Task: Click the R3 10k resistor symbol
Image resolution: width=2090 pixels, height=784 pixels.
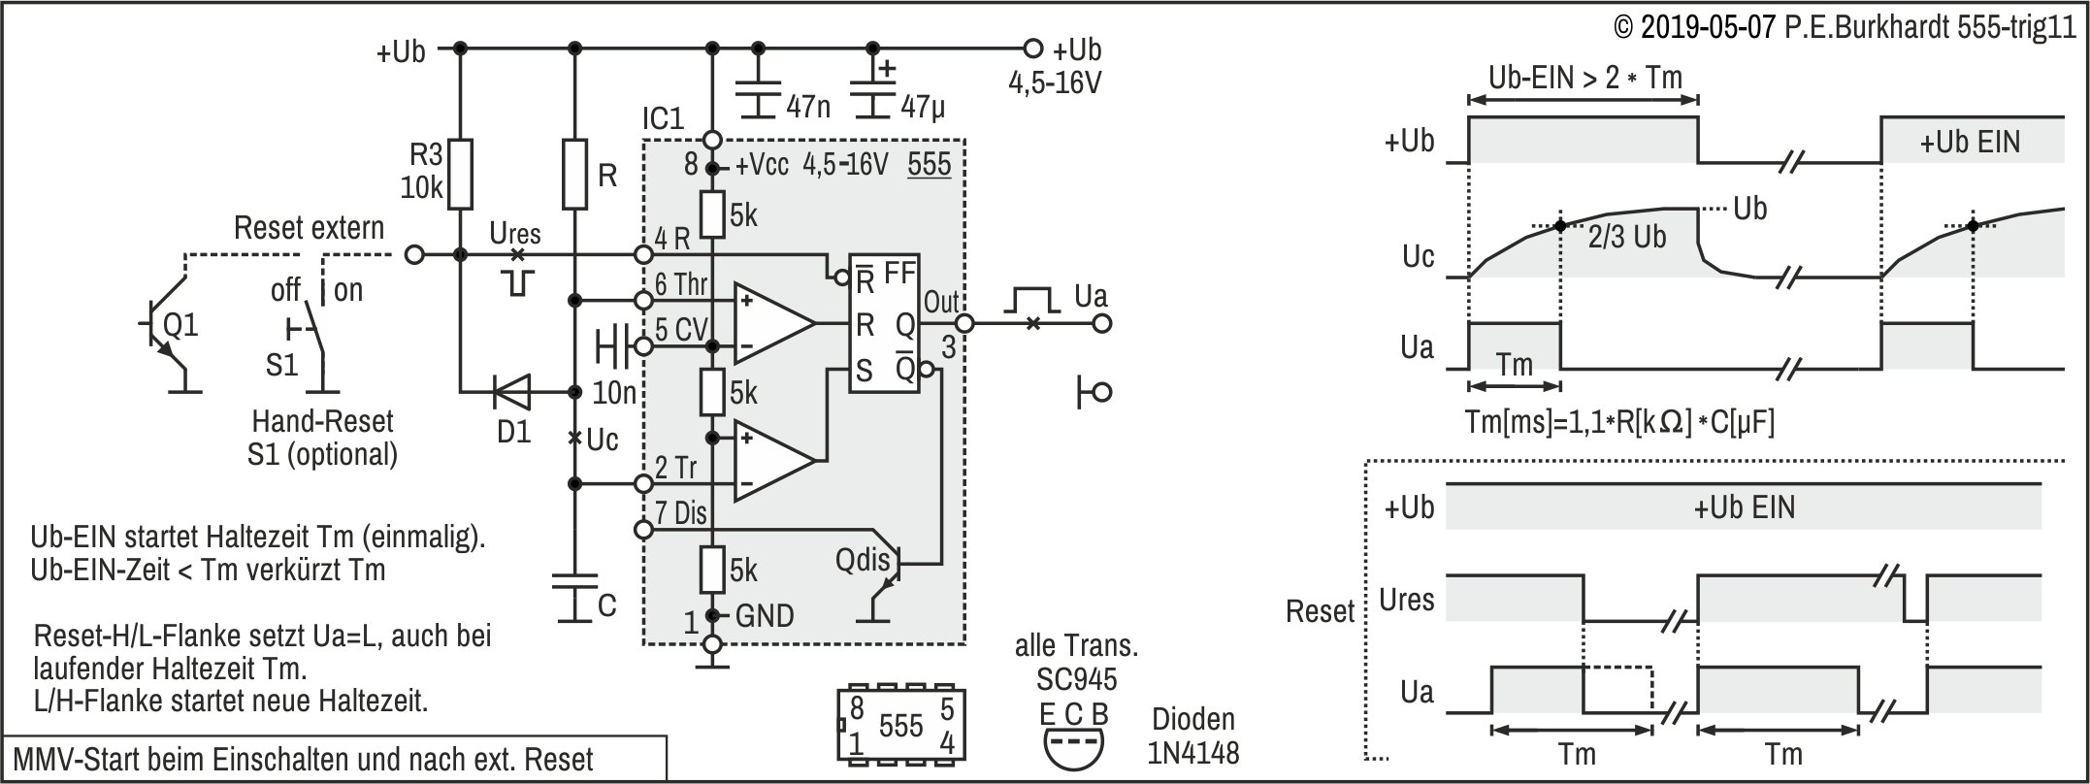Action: pos(460,175)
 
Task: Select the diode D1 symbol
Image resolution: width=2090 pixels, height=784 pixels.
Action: pos(511,393)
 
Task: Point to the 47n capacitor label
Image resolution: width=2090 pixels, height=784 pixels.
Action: pos(807,106)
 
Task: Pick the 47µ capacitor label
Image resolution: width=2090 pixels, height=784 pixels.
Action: pos(922,106)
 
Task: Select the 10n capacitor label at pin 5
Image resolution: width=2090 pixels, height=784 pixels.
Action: pos(614,393)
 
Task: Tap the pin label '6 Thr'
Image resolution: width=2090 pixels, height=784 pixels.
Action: pos(681,284)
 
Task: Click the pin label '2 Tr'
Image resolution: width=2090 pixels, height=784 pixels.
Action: pos(676,468)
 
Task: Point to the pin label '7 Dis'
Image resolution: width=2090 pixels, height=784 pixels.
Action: pos(681,512)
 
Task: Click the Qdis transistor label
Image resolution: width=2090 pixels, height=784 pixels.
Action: pos(863,560)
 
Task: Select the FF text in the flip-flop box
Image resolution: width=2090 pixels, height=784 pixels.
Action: pos(899,274)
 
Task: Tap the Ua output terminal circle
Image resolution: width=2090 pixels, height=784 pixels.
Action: pos(1101,324)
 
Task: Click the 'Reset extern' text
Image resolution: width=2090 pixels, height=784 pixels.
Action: pos(310,228)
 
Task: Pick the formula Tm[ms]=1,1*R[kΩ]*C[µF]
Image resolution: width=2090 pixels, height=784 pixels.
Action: pos(1618,423)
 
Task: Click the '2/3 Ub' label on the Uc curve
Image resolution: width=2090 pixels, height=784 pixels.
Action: pos(1626,238)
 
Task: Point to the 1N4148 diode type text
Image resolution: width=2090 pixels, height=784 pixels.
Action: pos(1193,752)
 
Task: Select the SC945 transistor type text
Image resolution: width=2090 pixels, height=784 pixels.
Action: pos(1076,679)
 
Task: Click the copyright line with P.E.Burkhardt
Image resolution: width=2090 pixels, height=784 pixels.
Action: pos(1844,27)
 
